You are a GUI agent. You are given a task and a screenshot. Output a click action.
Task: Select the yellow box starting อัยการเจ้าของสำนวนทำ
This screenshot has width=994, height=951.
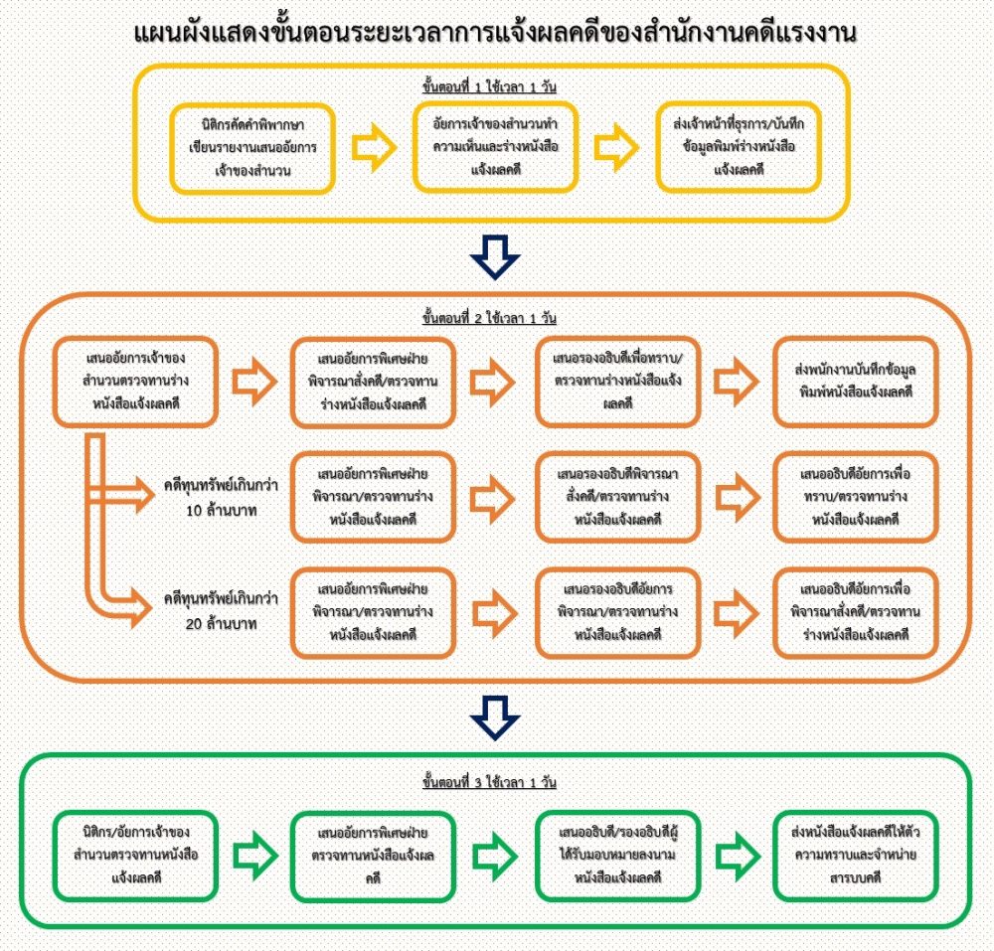point(494,147)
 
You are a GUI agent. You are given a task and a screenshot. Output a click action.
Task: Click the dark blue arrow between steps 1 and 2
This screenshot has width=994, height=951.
point(494,256)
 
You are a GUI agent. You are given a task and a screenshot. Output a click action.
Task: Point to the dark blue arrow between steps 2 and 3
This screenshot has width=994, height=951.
point(494,714)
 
